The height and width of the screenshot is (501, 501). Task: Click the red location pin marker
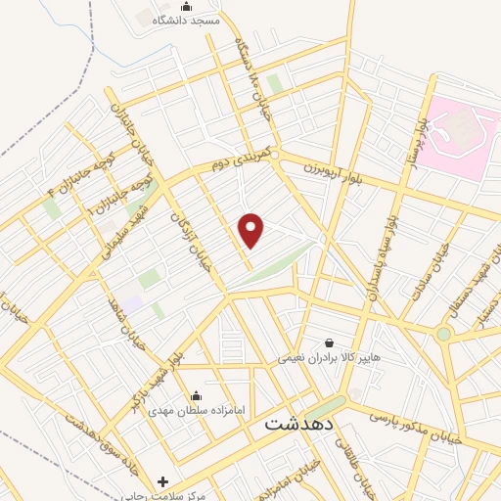click(x=251, y=230)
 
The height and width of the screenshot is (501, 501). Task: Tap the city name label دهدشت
click(x=299, y=427)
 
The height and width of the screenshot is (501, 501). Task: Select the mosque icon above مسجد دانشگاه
click(x=201, y=6)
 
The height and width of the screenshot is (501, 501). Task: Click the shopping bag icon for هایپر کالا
click(x=328, y=343)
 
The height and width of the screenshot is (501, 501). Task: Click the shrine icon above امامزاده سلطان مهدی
click(x=197, y=396)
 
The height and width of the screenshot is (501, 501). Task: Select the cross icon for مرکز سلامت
click(x=162, y=481)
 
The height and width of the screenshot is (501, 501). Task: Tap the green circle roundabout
click(x=444, y=334)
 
